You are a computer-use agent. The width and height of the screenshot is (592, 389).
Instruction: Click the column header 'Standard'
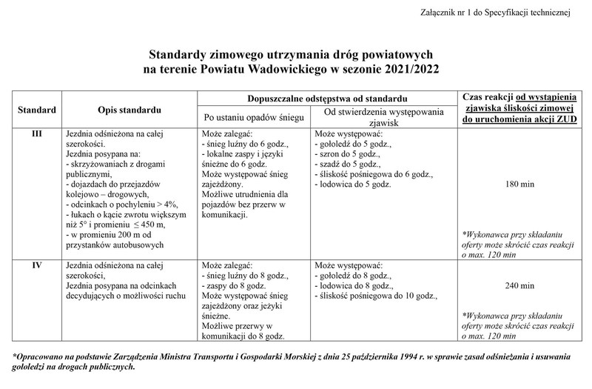(x=37, y=110)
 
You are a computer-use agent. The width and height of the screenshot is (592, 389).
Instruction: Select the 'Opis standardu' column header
(x=129, y=110)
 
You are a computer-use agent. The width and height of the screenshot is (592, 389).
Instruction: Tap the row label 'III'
(x=36, y=133)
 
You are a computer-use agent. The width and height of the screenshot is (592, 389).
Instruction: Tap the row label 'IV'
(x=36, y=265)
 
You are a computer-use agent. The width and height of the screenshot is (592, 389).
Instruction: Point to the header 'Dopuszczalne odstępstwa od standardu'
(x=326, y=99)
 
